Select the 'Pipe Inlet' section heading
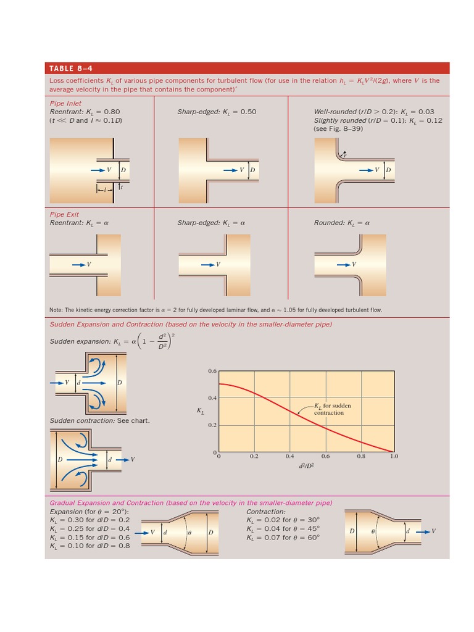(65, 104)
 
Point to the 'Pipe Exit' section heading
(64, 215)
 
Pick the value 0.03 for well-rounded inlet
(426, 112)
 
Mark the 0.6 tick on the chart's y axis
(212, 371)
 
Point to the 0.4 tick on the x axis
(289, 457)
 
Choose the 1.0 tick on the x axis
(394, 457)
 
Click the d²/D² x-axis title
(306, 466)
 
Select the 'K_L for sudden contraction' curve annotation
(333, 409)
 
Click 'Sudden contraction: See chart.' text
(99, 421)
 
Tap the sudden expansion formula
(111, 341)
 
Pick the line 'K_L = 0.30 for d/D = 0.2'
(89, 520)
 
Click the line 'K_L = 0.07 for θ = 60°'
(283, 538)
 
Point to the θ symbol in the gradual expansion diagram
(190, 532)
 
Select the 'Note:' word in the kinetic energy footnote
(56, 310)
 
